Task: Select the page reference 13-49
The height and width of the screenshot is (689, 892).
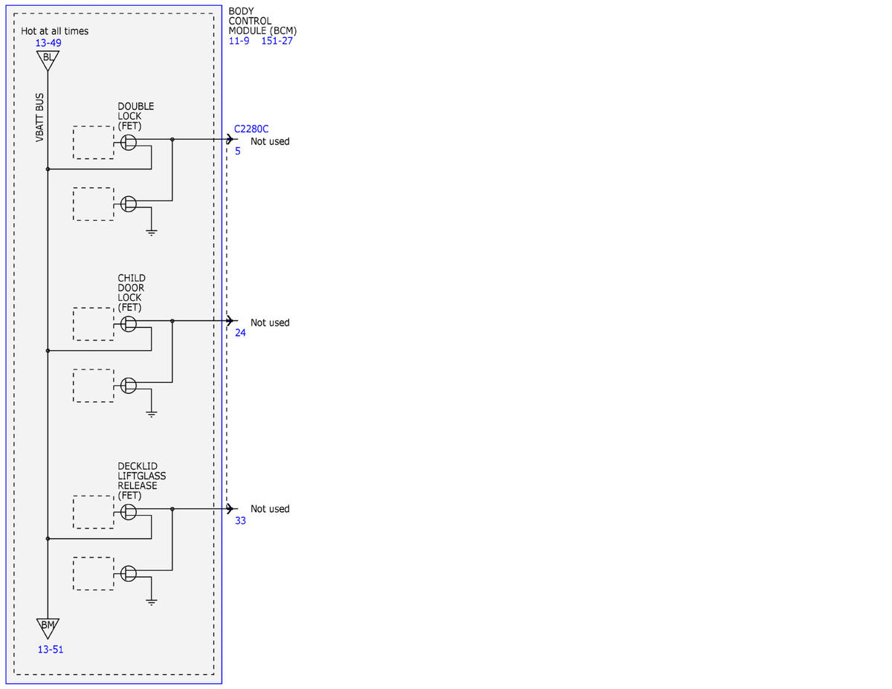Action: point(48,42)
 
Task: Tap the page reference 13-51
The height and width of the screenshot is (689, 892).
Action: point(51,650)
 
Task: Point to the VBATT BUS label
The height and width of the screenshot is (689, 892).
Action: point(39,117)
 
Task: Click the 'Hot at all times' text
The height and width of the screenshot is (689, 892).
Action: point(54,30)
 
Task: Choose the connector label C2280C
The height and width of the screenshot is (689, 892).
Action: point(251,129)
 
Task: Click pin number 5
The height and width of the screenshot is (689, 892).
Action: point(238,151)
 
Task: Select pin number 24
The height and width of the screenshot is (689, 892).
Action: point(240,333)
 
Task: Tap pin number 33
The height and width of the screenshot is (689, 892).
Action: point(240,521)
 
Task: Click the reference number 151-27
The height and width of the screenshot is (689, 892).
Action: point(277,41)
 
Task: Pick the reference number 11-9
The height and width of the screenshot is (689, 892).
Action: point(239,41)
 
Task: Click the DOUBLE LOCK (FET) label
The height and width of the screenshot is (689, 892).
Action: point(136,116)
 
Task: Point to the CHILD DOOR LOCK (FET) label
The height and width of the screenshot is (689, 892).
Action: point(132,293)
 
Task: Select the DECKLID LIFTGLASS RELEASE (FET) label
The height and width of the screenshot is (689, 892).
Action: point(142,481)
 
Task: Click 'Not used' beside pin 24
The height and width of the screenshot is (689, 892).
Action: point(270,323)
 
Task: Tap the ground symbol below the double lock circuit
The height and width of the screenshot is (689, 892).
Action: point(152,233)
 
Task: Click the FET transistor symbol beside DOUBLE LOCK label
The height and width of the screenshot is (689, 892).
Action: point(129,143)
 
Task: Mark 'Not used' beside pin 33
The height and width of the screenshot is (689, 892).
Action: point(270,509)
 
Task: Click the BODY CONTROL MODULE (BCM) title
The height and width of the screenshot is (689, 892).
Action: point(262,21)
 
